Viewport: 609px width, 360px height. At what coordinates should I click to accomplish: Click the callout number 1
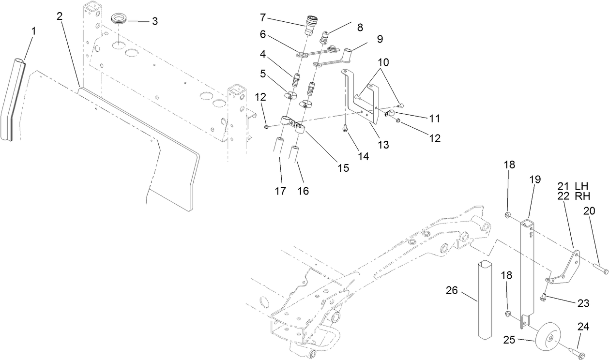pyautogui.click(x=33, y=30)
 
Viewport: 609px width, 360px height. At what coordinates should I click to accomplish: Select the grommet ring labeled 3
pyautogui.click(x=119, y=20)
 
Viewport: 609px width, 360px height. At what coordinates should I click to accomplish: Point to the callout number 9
pyautogui.click(x=380, y=38)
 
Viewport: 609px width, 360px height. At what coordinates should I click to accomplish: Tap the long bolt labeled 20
pyautogui.click(x=599, y=267)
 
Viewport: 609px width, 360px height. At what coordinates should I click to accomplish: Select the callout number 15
pyautogui.click(x=343, y=168)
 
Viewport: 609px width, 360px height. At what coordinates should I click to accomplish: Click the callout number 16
pyautogui.click(x=303, y=191)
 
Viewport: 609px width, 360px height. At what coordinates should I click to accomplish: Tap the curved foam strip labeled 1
pyautogui.click(x=13, y=102)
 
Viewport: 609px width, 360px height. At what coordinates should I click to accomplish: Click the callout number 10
pyautogui.click(x=383, y=63)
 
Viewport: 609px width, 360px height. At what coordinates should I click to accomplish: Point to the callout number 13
pyautogui.click(x=383, y=144)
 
